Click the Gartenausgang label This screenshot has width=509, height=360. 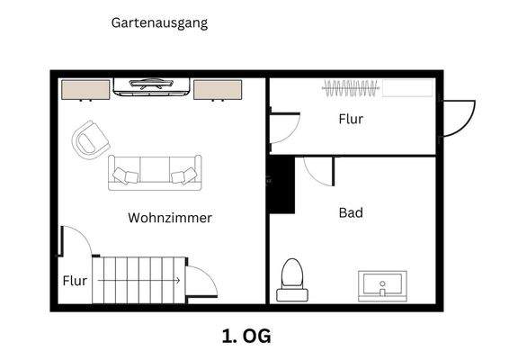click(159, 23)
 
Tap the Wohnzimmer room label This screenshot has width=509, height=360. click(170, 218)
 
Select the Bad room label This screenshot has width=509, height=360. click(351, 213)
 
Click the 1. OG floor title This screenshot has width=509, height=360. click(246, 337)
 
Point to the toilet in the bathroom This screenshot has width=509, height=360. click(292, 279)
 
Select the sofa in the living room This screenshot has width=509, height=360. click(155, 172)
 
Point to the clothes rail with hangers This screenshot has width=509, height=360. click(352, 88)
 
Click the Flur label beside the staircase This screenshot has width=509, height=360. click(75, 281)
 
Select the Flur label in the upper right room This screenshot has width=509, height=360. click(351, 119)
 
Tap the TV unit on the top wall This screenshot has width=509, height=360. click(152, 86)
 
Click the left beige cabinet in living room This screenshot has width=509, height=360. click(85, 89)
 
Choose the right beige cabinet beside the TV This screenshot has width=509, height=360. click(218, 89)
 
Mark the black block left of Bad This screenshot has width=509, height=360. click(283, 184)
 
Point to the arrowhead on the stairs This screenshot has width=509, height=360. click(177, 281)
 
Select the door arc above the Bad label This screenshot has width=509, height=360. click(318, 171)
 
